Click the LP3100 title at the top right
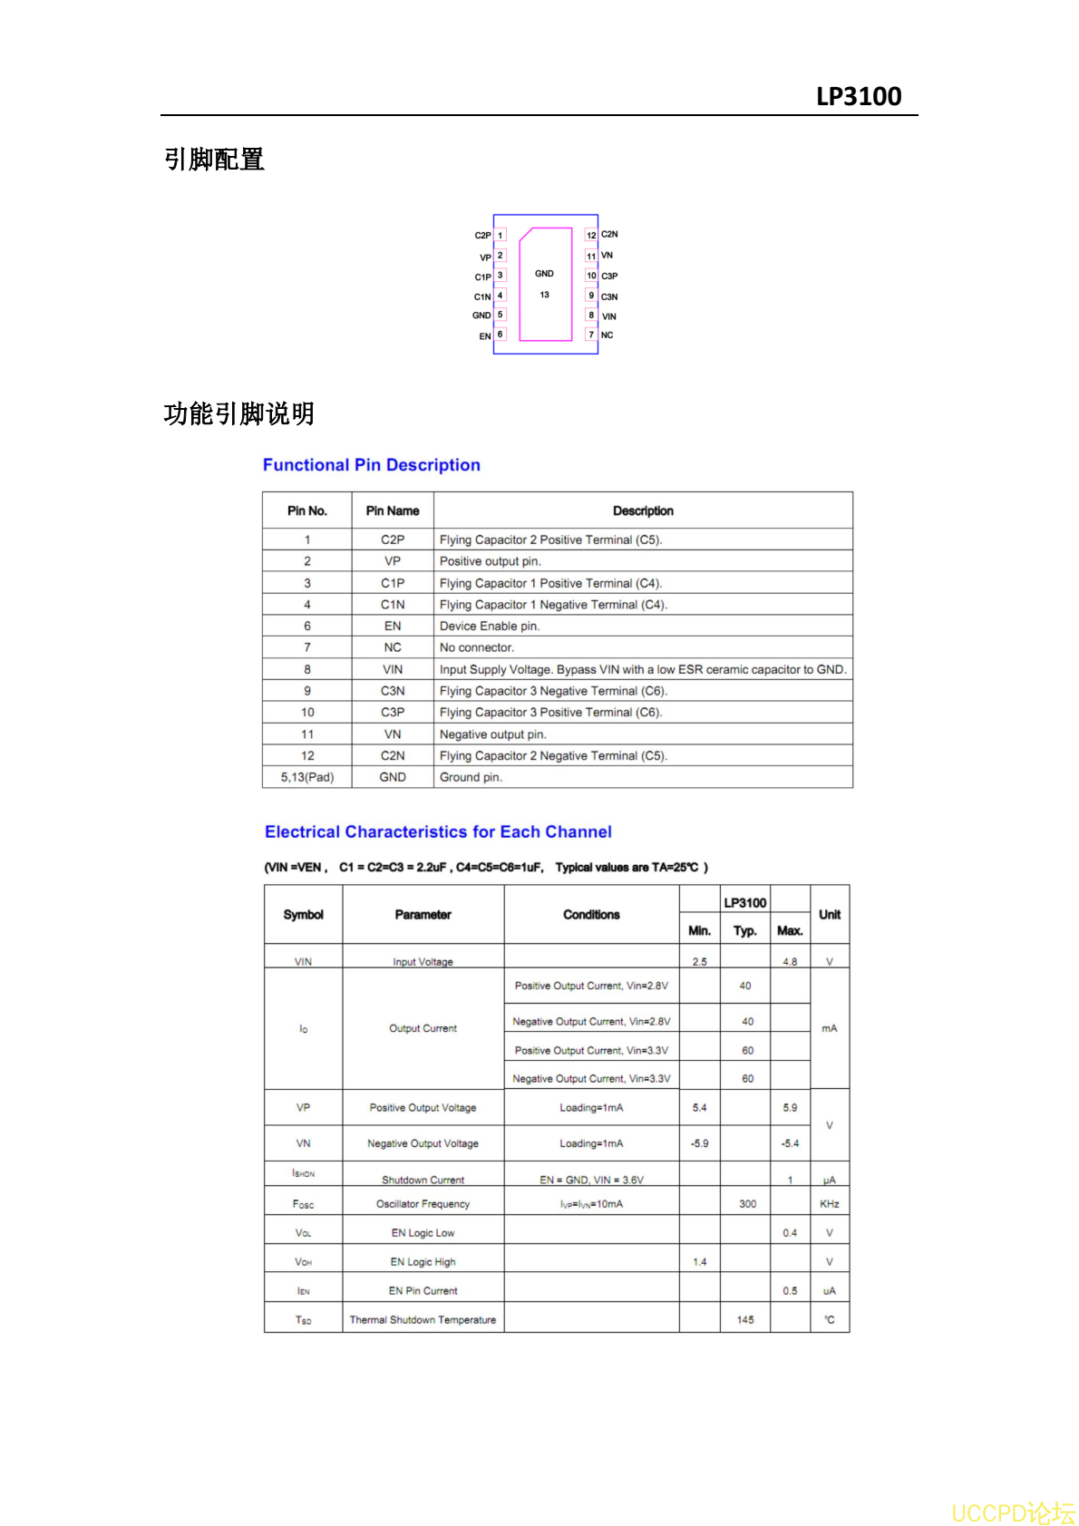858,96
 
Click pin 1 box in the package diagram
500,235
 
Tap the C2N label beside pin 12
609,234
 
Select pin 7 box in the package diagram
591,335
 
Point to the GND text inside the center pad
544,273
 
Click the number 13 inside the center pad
544,295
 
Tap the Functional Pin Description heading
371,465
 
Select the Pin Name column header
393,510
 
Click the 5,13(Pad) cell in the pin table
307,777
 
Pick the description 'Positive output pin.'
491,561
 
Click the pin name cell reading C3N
393,691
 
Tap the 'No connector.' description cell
477,647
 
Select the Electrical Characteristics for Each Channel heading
438,832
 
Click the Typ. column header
745,930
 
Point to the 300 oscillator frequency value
747,1204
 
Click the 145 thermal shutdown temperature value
745,1319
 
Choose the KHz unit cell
829,1204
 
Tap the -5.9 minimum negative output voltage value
700,1143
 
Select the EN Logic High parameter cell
423,1261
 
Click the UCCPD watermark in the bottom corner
1013,1512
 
